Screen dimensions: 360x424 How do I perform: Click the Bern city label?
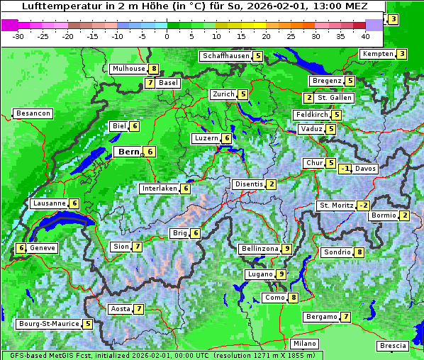coord(128,152)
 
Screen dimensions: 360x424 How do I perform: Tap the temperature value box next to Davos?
coord(345,169)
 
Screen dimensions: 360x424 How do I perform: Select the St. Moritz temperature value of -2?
coord(363,206)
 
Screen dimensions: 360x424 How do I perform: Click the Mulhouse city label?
coord(128,69)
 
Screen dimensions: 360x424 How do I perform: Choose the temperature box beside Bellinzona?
coord(286,249)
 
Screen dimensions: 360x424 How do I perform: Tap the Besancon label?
coord(33,113)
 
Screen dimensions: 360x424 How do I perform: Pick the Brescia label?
coord(393,346)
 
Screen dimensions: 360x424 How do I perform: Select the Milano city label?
coord(305,344)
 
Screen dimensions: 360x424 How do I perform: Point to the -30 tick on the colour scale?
coord(18,36)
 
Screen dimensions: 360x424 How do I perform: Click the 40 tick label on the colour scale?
coord(365,36)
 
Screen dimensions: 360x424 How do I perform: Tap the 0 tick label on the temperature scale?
coord(167,36)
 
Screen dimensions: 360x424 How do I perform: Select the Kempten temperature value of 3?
coord(402,54)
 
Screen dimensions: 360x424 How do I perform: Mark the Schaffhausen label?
coord(225,56)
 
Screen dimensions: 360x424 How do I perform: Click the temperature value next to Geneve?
coord(21,248)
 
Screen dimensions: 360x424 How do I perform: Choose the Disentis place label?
coord(249,184)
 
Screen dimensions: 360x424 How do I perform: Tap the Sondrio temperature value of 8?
coord(359,252)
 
